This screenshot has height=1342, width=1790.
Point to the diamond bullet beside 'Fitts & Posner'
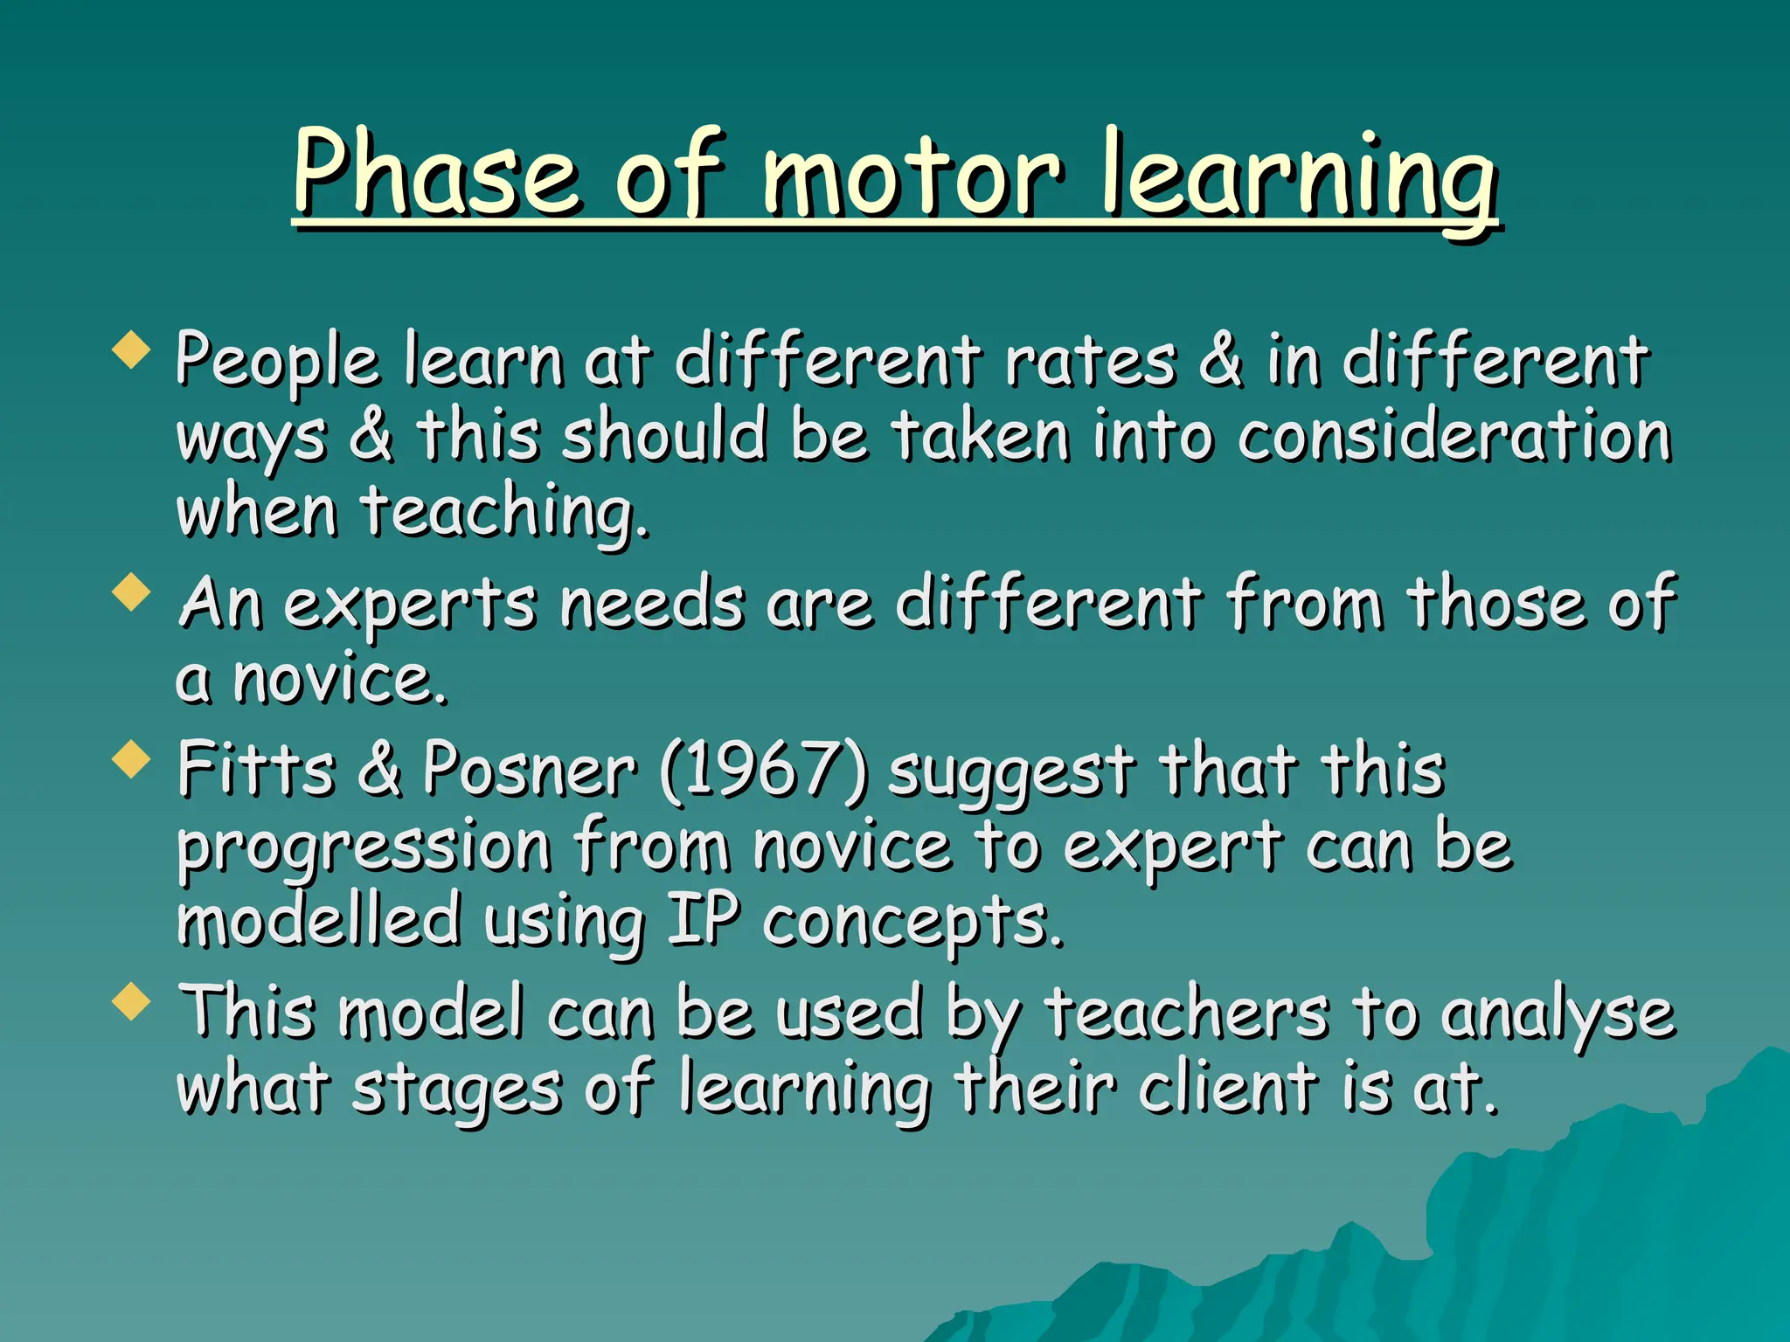click(132, 757)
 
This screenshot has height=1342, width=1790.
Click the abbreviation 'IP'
click(703, 921)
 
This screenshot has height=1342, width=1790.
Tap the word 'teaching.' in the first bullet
click(505, 513)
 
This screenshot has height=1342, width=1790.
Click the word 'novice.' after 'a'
click(340, 680)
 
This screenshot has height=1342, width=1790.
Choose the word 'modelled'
click(319, 921)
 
